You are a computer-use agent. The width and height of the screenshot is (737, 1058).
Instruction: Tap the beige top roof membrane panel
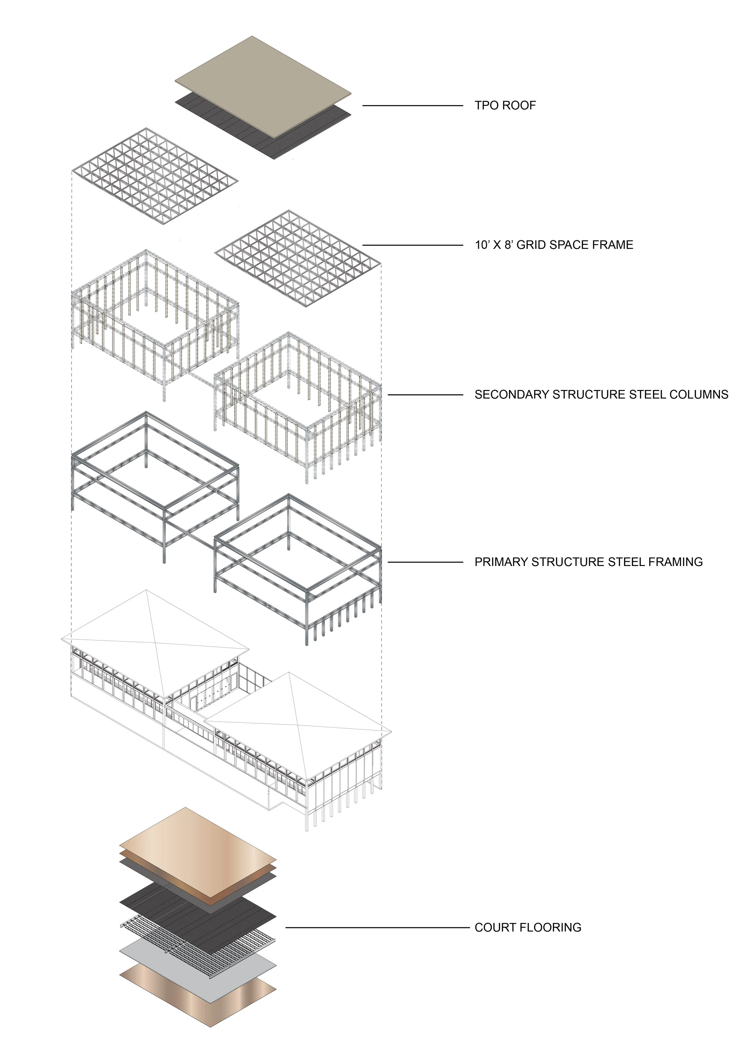[263, 85]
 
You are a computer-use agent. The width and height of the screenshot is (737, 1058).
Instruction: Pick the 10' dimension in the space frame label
[482, 245]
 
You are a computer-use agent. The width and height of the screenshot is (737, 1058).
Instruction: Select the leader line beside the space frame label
[412, 245]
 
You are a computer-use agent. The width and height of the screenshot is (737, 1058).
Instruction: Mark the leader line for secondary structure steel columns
[425, 395]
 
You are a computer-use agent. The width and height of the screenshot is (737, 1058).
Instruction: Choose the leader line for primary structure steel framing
[425, 562]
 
